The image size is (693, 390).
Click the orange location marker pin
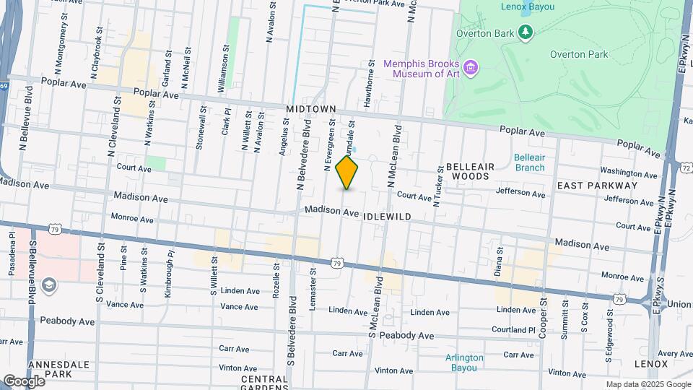click(x=347, y=173)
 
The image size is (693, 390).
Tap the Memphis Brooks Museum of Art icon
click(x=471, y=68)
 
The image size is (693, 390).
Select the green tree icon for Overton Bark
click(x=526, y=31)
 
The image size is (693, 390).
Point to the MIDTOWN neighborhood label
click(x=311, y=109)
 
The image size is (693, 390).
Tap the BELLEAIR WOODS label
click(x=470, y=171)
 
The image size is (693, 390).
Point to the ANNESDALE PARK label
click(x=48, y=369)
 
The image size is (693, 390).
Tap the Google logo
click(x=23, y=381)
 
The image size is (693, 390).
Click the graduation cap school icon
click(x=48, y=286)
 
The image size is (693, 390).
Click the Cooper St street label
click(x=542, y=321)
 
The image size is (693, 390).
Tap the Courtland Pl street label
click(x=510, y=330)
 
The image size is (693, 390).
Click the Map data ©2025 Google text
click(x=648, y=384)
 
